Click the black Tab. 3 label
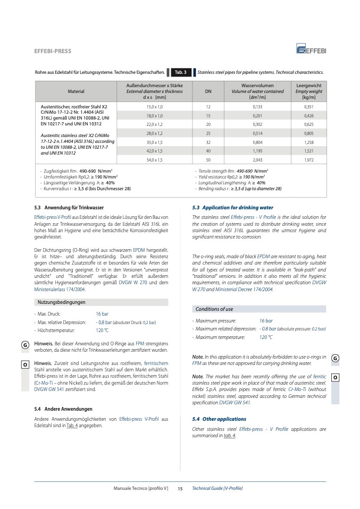tap(180, 72)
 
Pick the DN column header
tap(208, 91)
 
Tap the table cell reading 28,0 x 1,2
tap(154, 133)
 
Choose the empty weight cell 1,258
tap(308, 142)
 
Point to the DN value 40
tap(208, 151)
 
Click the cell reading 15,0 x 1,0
tap(154, 107)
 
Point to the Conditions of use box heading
tap(214, 309)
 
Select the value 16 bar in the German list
tap(102, 314)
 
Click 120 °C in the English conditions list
tap(266, 337)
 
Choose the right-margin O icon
tap(334, 377)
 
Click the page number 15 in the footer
tap(180, 488)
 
